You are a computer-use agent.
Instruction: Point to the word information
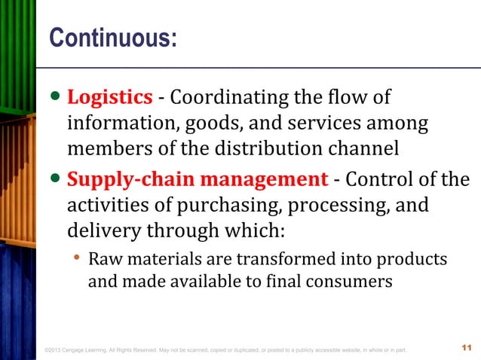114,123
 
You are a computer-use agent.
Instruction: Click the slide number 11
464,348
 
